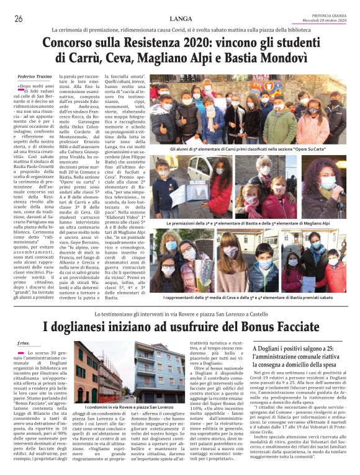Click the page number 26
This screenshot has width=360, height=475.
[18, 19]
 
